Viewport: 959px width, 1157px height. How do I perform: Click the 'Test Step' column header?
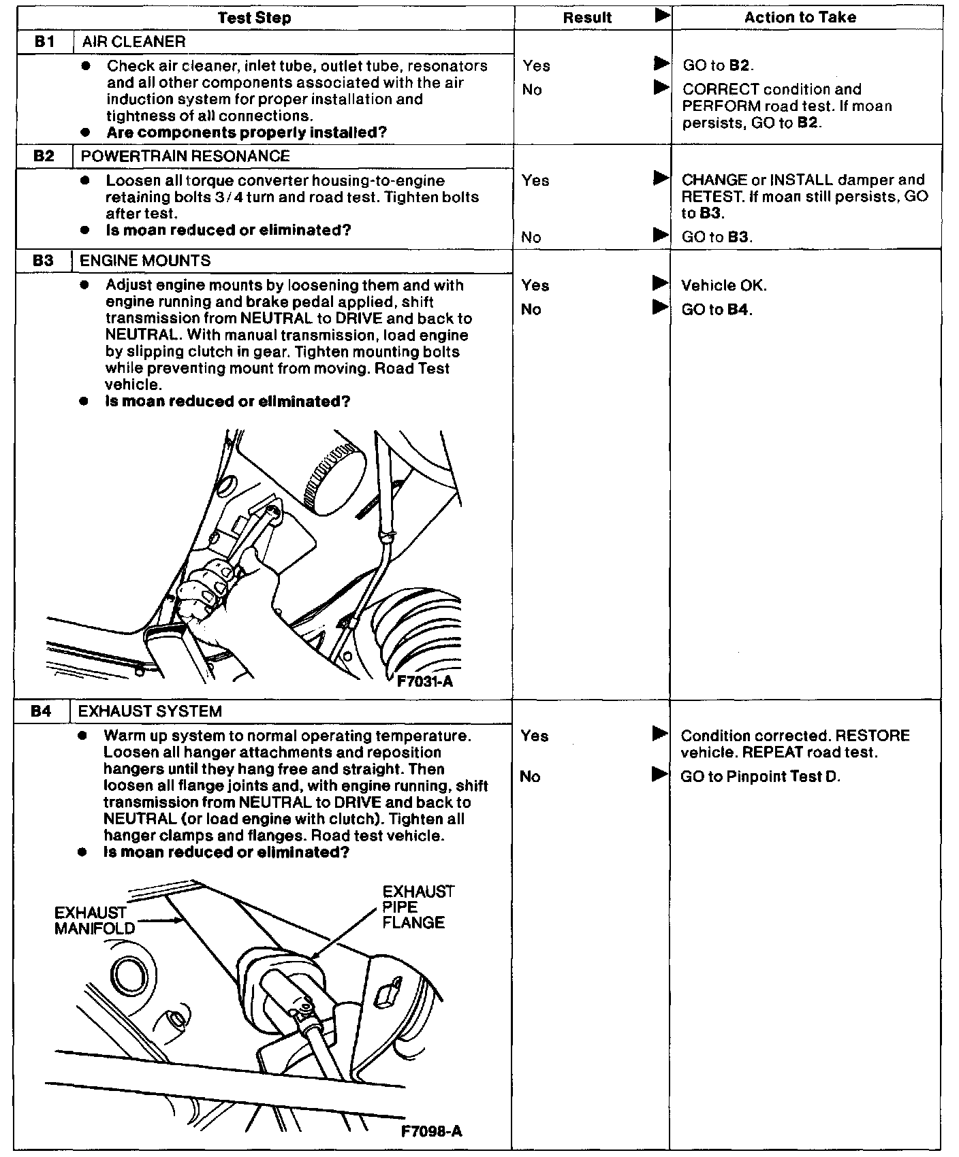pyautogui.click(x=254, y=18)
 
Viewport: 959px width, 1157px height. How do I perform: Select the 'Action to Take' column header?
pyautogui.click(x=800, y=18)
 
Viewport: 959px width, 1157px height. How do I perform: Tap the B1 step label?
pyautogui.click(x=45, y=42)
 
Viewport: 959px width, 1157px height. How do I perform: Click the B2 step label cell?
pyautogui.click(x=44, y=157)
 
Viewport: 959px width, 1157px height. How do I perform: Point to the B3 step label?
pyautogui.click(x=42, y=261)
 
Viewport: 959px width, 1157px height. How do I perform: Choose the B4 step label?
pyautogui.click(x=41, y=712)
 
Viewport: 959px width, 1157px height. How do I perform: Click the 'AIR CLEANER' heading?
pyautogui.click(x=133, y=42)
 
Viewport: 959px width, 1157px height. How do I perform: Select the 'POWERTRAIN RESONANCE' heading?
pyautogui.click(x=185, y=157)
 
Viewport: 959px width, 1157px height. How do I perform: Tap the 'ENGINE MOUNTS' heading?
pyautogui.click(x=145, y=261)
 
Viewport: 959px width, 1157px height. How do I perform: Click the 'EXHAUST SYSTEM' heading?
pyautogui.click(x=150, y=712)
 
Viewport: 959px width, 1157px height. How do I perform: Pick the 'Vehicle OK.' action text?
pyautogui.click(x=724, y=286)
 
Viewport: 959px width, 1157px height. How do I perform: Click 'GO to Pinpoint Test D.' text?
pyautogui.click(x=760, y=777)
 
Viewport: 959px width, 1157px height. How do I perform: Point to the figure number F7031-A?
pyautogui.click(x=425, y=681)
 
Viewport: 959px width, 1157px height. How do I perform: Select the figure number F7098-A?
pyautogui.click(x=431, y=1131)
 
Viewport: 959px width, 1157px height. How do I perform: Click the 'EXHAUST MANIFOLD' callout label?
pyautogui.click(x=94, y=920)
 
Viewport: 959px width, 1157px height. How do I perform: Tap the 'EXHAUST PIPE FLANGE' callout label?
pyautogui.click(x=418, y=907)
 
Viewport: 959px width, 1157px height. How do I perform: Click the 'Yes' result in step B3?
pyautogui.click(x=536, y=286)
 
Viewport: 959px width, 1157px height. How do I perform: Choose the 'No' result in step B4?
pyautogui.click(x=530, y=777)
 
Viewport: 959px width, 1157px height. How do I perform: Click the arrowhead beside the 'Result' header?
pyautogui.click(x=661, y=16)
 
